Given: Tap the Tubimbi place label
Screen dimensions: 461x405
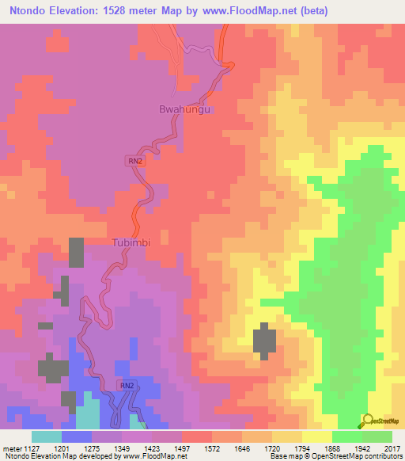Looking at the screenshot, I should (131, 242).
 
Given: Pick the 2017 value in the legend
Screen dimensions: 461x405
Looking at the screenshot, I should (392, 448).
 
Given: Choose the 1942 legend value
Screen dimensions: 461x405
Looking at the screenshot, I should (361, 448).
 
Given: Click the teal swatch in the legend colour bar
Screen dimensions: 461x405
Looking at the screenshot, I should (46, 436).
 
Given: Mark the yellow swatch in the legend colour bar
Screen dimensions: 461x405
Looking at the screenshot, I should (316, 436).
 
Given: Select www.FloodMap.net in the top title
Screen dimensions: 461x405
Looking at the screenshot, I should (250, 11).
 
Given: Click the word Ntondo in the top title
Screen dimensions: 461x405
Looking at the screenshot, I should (25, 11).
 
